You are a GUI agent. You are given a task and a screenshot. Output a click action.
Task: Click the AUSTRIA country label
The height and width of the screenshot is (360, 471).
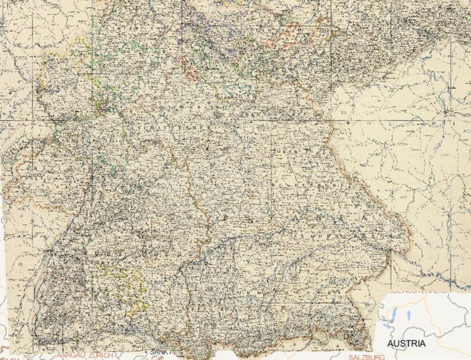[x=406, y=343]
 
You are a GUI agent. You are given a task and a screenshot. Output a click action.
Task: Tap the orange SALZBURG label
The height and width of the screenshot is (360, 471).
[x=366, y=356]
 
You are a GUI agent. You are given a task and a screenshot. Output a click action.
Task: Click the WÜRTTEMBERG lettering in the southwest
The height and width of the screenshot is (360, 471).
[x=117, y=251]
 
